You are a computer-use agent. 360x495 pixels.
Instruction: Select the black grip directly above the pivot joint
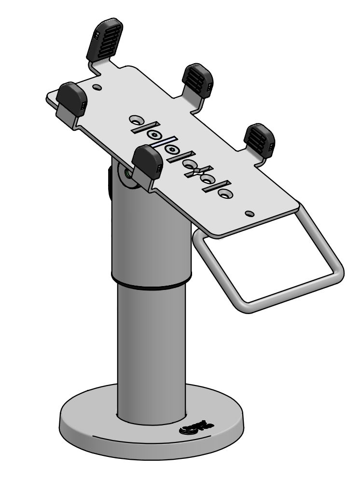147,163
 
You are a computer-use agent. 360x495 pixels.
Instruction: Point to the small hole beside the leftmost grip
98,88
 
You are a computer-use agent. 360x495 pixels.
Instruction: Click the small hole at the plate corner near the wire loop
249,213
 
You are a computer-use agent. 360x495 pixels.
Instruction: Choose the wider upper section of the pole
150,232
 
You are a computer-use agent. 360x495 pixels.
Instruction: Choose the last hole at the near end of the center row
224,192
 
